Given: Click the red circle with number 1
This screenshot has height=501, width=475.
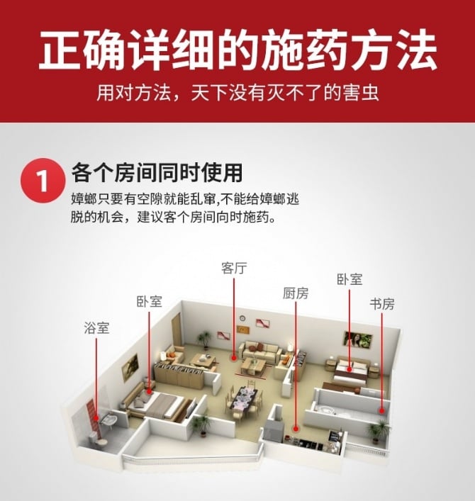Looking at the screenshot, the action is coord(43,181).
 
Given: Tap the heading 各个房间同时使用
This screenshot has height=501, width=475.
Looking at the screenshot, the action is coord(157,173).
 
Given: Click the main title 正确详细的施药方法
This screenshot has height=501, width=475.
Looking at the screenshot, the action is coord(238,49).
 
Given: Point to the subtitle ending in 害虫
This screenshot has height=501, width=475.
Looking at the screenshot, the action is coord(238,93).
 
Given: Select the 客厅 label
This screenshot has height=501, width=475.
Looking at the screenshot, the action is coord(234,269).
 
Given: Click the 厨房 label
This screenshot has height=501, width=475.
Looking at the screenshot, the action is coord(296,293).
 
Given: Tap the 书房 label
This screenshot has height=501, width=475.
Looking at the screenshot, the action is coord(382,304).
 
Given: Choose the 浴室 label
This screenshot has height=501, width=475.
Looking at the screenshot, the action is coord(96,328).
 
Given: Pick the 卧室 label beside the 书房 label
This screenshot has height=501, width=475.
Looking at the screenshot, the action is coord(350,279).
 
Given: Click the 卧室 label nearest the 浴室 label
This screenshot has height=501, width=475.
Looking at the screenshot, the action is coord(150,301).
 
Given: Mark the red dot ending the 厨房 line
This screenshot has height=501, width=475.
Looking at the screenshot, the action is coord(296,429).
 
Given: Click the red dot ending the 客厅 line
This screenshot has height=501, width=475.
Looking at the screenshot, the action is coord(234,358).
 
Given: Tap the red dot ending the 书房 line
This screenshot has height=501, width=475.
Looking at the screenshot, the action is coord(381,411).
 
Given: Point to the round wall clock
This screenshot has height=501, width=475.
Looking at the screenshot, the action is coord(242,318).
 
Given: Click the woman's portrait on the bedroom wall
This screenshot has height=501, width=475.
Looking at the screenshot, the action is coord(358,339).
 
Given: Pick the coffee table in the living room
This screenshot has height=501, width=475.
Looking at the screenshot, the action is coord(252,365).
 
